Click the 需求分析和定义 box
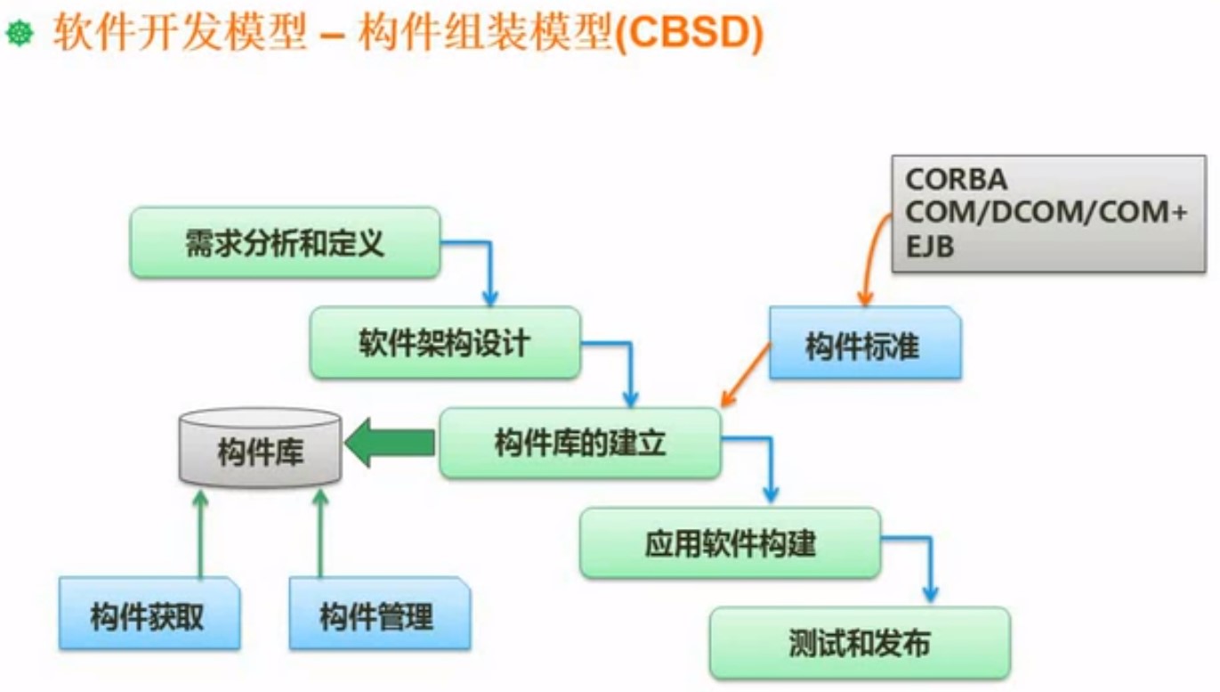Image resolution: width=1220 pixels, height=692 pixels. coord(285,242)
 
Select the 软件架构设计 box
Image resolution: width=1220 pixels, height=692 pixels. coord(445,343)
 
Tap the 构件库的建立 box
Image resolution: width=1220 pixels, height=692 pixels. coord(579,443)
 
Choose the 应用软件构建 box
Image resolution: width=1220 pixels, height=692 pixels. coord(730,542)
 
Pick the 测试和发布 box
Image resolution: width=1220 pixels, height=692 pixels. coord(860,642)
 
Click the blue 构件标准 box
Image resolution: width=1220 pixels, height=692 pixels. coord(864,345)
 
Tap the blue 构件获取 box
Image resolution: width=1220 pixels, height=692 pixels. coord(148,615)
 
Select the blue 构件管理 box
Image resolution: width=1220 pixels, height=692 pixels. coord(377,615)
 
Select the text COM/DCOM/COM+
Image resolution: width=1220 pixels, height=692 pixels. coord(1045,214)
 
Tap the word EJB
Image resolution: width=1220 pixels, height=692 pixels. coord(929,248)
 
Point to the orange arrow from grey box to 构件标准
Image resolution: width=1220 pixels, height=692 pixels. coord(869,254)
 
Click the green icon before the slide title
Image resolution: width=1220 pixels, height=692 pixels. coord(20,35)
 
